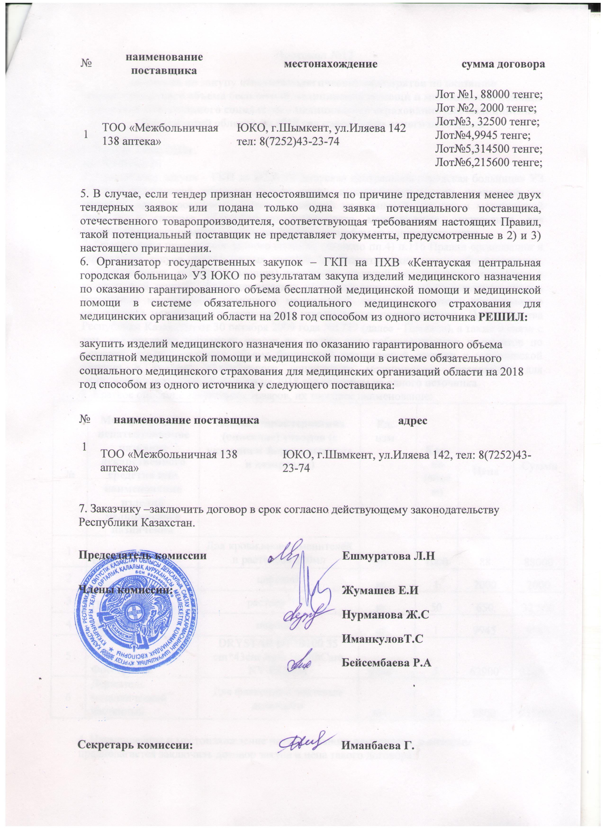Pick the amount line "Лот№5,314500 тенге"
coord(487,149)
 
